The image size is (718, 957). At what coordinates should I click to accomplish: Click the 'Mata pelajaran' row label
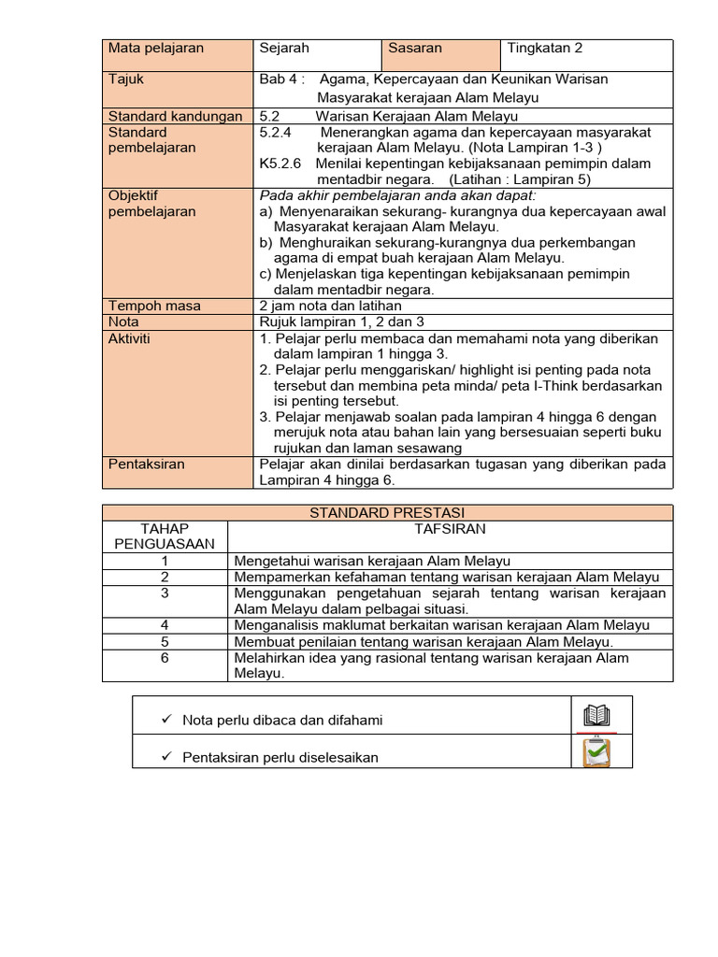(x=156, y=48)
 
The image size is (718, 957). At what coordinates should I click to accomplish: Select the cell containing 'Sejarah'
(x=284, y=48)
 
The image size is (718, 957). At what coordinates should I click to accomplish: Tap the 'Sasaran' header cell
(x=415, y=48)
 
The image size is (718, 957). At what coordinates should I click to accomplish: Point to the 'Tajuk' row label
(x=126, y=79)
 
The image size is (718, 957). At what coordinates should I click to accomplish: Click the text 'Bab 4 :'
(x=281, y=79)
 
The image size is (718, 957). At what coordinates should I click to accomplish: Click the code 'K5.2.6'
(x=280, y=164)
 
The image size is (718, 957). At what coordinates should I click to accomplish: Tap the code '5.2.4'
(x=276, y=133)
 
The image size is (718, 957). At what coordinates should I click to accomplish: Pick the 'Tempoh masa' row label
(x=154, y=306)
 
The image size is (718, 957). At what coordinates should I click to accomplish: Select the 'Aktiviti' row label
(x=130, y=338)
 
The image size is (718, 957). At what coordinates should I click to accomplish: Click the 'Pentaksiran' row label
(x=147, y=464)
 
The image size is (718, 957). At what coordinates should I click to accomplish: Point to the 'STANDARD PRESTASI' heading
(x=387, y=513)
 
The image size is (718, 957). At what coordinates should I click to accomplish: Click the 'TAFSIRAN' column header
(x=450, y=529)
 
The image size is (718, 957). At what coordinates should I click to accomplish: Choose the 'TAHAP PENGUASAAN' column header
(x=165, y=536)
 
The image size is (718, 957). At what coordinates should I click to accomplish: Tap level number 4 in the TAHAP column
(x=165, y=625)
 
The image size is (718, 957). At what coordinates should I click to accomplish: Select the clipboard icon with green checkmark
(x=596, y=753)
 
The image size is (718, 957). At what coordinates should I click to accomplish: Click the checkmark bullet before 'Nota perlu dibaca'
(x=165, y=720)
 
